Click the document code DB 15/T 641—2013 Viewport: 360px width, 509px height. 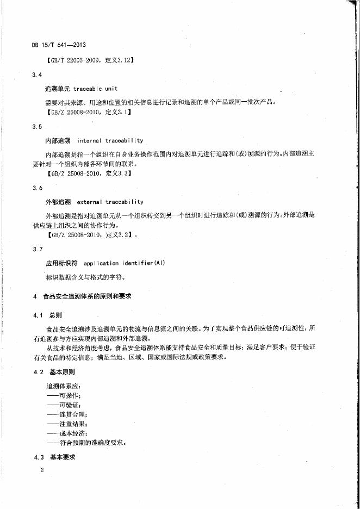tap(60, 45)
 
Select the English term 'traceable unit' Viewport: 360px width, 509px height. tap(96, 88)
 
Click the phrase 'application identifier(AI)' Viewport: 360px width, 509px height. tap(125, 263)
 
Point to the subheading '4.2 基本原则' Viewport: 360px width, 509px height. tap(54, 373)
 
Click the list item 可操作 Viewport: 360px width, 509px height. tap(64, 395)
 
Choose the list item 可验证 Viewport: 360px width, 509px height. tap(64, 405)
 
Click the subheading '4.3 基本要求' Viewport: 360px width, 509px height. tap(54, 457)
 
